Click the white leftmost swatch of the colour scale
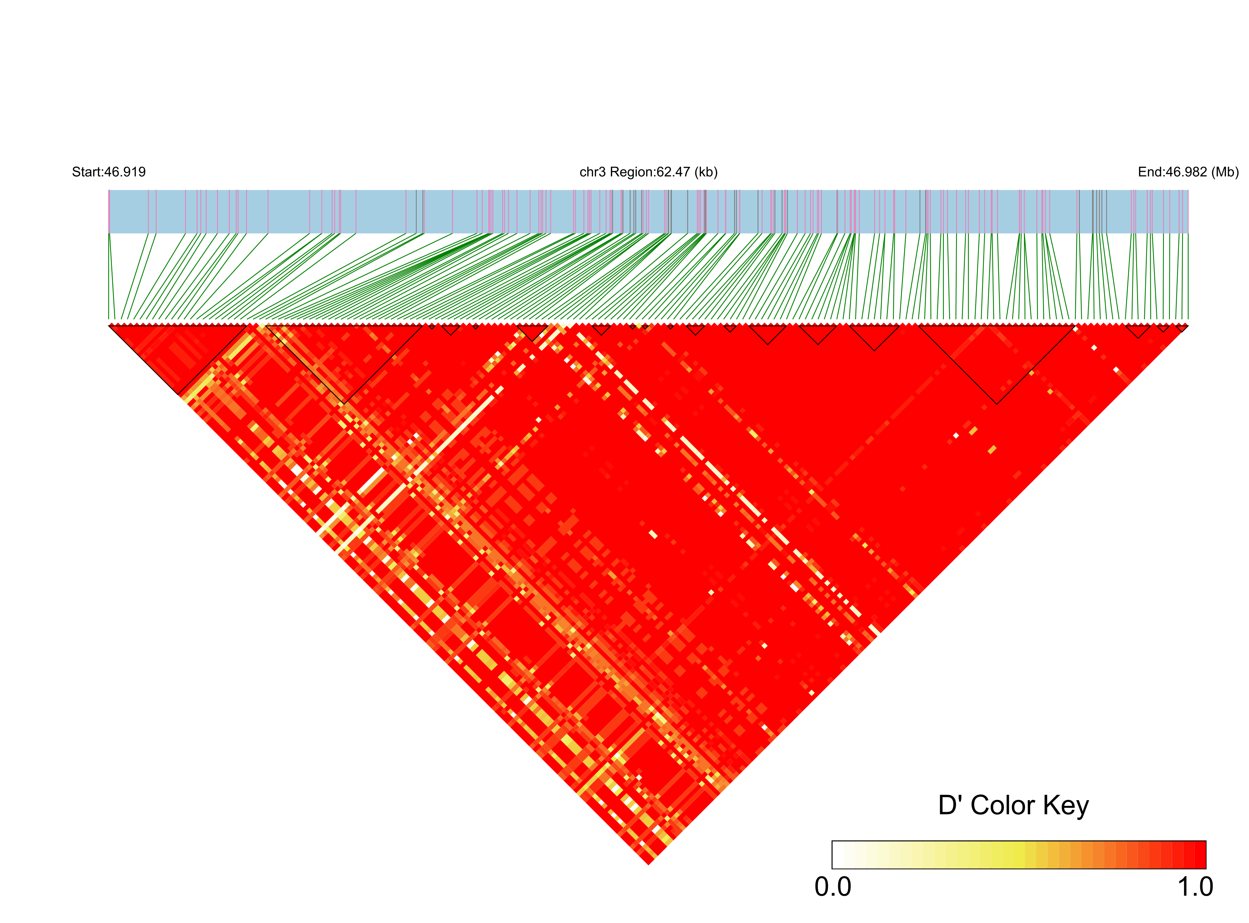(x=838, y=855)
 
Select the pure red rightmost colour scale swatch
(x=1200, y=855)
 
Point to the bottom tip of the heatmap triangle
(x=649, y=864)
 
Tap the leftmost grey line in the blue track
(x=416, y=211)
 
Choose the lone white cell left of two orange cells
(x=956, y=435)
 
